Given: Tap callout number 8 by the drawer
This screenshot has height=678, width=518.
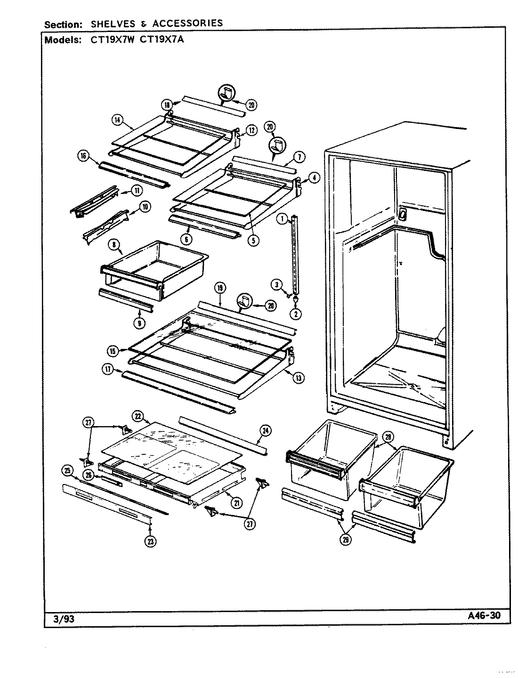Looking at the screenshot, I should [x=114, y=245].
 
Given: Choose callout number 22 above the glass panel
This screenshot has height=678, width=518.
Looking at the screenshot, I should [x=138, y=416].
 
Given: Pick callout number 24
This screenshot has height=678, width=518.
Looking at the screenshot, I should [x=265, y=430].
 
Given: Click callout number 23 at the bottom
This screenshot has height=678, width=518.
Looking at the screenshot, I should [x=150, y=542].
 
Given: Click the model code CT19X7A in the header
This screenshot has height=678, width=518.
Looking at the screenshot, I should [x=162, y=40].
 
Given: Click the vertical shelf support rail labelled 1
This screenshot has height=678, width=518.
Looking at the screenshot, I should [x=295, y=254].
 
